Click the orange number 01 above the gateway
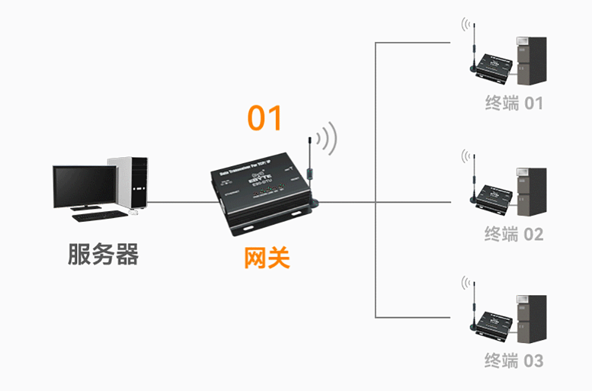pyautogui.click(x=265, y=118)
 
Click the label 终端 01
pyautogui.click(x=513, y=104)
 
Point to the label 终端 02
pyautogui.click(x=513, y=234)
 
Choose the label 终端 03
pyautogui.click(x=513, y=360)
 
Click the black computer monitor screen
pyautogui.click(x=84, y=185)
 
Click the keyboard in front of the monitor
pyautogui.click(x=99, y=215)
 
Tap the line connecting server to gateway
pyautogui.click(x=178, y=202)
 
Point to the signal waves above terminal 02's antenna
pyautogui.click(x=468, y=157)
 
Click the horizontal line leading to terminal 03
pyautogui.click(x=414, y=318)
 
